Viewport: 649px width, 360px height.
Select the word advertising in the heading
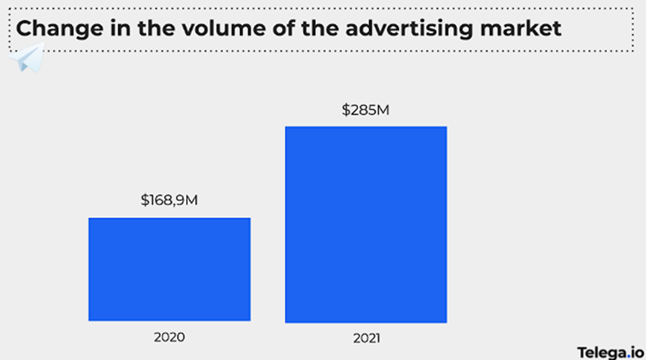tap(395, 29)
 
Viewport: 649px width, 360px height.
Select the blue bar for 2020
tap(170, 269)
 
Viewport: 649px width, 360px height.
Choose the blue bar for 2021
tap(365, 224)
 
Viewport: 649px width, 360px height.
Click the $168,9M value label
tap(169, 201)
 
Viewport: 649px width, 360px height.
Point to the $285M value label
tap(365, 110)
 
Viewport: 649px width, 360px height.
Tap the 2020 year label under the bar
tap(169, 337)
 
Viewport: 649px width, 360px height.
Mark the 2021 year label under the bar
tap(366, 338)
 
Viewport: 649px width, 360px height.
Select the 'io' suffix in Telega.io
tap(636, 351)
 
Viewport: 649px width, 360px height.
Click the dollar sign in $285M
tap(346, 110)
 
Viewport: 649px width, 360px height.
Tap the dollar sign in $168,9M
tap(144, 201)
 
